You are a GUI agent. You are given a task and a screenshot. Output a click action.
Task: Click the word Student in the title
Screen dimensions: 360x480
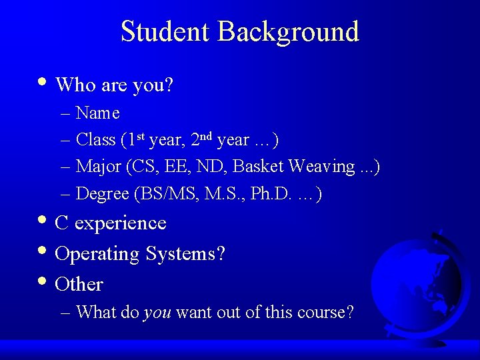coord(166,32)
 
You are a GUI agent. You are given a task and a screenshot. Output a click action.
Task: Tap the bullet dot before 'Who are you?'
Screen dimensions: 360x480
coord(43,82)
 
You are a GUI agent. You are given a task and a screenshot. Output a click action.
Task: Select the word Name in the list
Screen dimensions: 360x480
coord(98,113)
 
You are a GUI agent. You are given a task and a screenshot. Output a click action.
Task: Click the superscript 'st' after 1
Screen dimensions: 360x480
coord(141,136)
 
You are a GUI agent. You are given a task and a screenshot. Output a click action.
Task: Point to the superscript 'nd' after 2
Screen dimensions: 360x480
coord(206,136)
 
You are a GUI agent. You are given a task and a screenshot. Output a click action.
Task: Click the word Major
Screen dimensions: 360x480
coord(98,167)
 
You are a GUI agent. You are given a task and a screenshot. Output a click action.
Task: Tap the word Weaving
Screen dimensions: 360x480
coord(324,167)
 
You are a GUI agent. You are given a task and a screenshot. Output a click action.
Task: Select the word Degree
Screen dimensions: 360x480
coord(103,194)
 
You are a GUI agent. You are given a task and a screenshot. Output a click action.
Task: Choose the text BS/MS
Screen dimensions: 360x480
coord(159,194)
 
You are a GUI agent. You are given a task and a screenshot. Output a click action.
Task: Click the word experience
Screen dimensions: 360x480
coord(120,223)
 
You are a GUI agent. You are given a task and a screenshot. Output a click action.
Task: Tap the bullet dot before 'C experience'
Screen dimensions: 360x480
coord(43,221)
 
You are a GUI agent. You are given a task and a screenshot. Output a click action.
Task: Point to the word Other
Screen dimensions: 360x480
coord(79,285)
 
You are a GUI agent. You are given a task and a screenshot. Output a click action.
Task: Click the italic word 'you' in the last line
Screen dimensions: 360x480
coord(157,313)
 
